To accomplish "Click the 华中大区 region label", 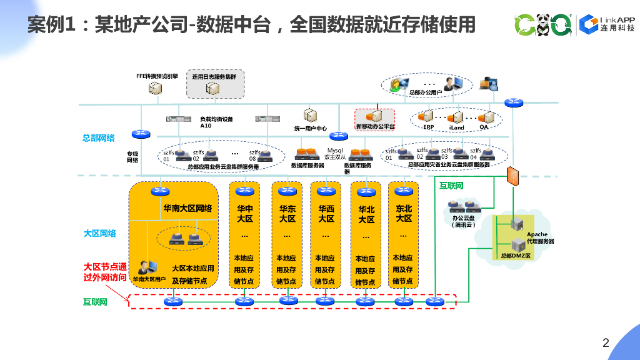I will [x=244, y=213].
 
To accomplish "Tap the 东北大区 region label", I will [x=404, y=213].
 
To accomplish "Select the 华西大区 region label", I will [x=326, y=213].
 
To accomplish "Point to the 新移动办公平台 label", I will [x=376, y=127].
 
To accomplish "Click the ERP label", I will [x=428, y=127].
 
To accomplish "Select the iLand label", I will [x=457, y=127].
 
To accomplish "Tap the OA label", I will [x=484, y=127].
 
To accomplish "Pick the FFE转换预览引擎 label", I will [x=157, y=76].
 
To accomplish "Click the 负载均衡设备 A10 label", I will [x=216, y=122].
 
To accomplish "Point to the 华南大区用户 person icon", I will [x=145, y=267].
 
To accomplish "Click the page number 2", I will [x=605, y=342].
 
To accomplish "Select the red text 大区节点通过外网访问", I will [x=105, y=272].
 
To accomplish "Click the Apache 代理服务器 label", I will [x=536, y=237].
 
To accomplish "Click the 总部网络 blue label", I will [x=99, y=138].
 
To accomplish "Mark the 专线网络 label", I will [x=132, y=156].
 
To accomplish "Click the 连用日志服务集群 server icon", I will [x=213, y=89].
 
